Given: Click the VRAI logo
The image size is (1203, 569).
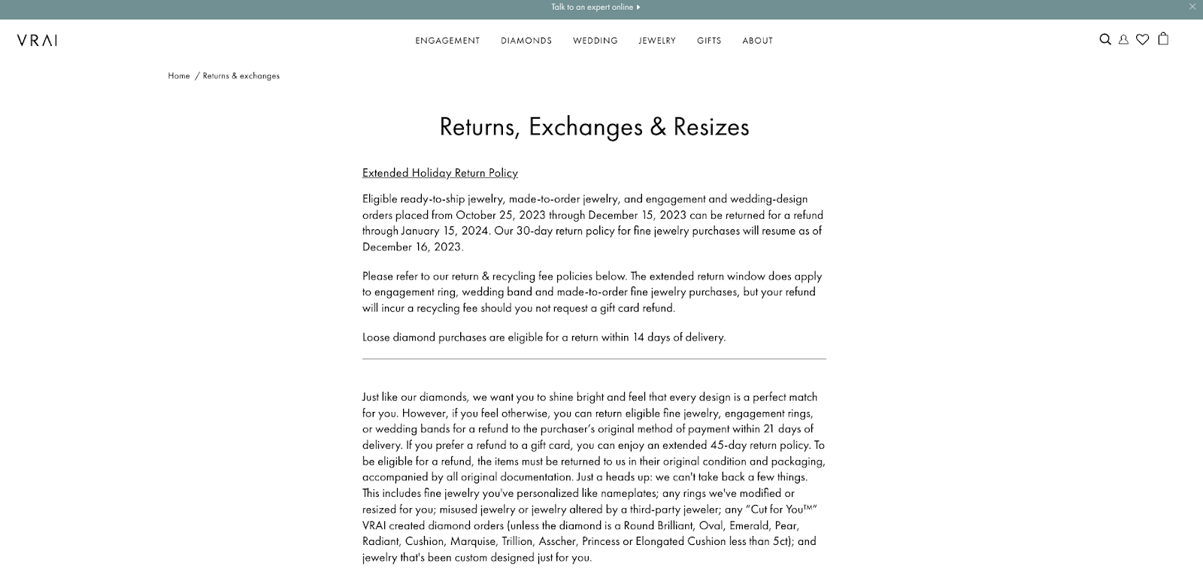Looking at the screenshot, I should (x=37, y=41).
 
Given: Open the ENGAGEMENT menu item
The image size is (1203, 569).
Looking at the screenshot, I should (x=447, y=41).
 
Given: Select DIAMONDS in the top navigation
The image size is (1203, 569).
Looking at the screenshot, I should (x=526, y=41).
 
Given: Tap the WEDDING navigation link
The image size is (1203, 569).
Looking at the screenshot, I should (x=595, y=41).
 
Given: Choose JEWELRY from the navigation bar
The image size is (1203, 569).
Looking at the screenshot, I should (x=657, y=41).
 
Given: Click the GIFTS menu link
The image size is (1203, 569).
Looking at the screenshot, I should (x=709, y=41).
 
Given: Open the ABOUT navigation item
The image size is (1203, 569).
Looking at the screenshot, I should (x=757, y=41).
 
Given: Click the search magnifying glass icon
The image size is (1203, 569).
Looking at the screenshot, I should (x=1105, y=40).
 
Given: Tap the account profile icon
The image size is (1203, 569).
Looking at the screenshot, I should (x=1123, y=40).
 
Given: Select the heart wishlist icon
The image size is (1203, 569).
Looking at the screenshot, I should (x=1142, y=40).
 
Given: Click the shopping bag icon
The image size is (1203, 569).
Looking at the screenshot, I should (x=1163, y=39).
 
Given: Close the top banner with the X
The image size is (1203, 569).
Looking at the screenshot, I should (x=1192, y=7).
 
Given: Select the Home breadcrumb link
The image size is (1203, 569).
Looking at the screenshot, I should (x=179, y=76).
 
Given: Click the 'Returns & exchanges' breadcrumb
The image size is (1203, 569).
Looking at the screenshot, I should (x=241, y=76).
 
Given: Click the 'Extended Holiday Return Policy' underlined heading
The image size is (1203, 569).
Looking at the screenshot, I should (x=440, y=173).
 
